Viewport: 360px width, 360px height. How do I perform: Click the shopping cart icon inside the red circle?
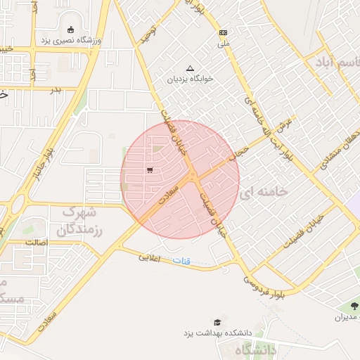150,170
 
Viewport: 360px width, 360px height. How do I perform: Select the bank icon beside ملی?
223,32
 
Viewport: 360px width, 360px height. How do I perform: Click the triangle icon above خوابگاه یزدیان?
189,68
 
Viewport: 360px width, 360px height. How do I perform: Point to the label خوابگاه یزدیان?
189,79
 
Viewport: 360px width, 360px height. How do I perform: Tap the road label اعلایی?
150,258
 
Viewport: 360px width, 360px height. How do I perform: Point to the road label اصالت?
36,243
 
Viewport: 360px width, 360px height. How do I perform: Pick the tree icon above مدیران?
353,306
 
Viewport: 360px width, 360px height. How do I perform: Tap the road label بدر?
56,89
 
